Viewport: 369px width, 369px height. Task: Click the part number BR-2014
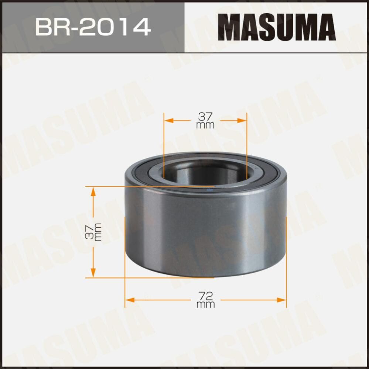(x=92, y=27)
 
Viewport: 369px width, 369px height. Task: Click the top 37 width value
(x=206, y=117)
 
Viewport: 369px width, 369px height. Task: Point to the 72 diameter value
(x=206, y=295)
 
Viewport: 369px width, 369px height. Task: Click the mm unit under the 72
(x=206, y=304)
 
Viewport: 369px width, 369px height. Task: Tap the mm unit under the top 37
(x=206, y=125)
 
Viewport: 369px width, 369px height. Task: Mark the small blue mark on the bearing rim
(x=211, y=187)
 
